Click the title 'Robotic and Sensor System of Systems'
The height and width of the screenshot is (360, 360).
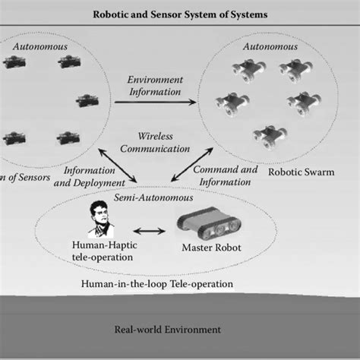click(x=179, y=14)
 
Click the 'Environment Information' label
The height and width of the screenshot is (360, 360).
click(x=155, y=85)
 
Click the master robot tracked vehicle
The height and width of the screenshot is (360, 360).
click(x=210, y=223)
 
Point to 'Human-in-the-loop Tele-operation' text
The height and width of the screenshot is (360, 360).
click(x=157, y=283)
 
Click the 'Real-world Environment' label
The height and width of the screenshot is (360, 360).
click(x=167, y=330)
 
